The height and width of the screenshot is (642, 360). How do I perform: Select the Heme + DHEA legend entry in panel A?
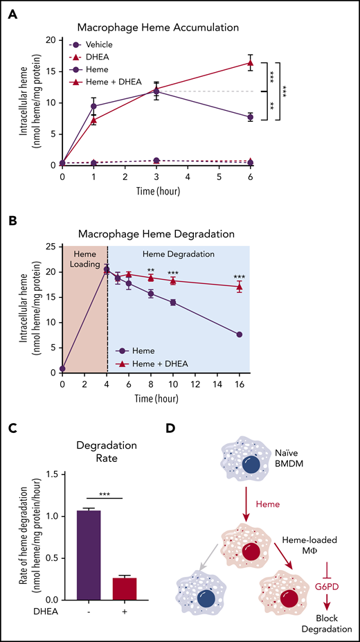click(x=114, y=82)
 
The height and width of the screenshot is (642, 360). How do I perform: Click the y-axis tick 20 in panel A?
click(x=50, y=39)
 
